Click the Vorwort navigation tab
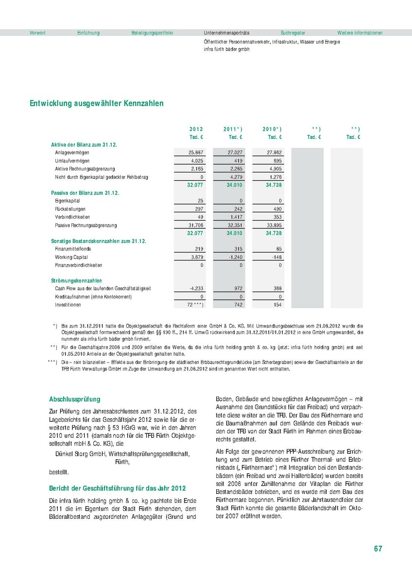37,33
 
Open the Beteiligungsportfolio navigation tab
152,33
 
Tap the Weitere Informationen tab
360,33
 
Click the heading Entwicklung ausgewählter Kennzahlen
97,103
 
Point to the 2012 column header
196,129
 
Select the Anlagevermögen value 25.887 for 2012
196,153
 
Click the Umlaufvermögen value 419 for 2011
238,160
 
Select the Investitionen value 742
238,305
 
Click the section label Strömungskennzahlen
76,280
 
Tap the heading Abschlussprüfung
74,399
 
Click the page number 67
378,549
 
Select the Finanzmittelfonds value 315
238,249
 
